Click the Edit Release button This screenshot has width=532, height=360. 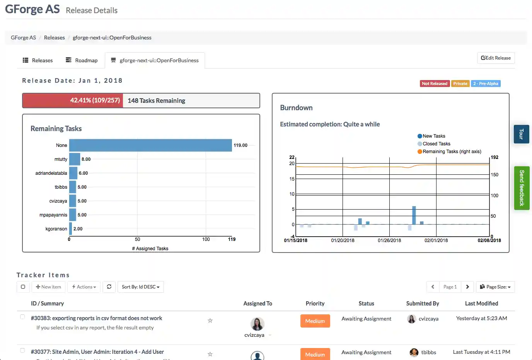pos(496,58)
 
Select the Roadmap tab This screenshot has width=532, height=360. pos(82,60)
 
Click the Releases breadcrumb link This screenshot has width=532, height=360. pos(54,38)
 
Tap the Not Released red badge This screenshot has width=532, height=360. pos(434,84)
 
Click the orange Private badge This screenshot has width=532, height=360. pos(460,84)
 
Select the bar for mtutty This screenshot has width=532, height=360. pos(75,159)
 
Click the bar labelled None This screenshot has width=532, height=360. pos(150,145)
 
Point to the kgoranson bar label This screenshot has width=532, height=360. pos(56,229)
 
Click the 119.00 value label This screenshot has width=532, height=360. pos(240,145)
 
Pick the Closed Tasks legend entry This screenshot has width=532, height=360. pos(436,144)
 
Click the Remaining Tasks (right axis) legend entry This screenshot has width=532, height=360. pos(452,152)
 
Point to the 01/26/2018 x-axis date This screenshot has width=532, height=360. pos(389,241)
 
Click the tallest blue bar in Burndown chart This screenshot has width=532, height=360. pos(414,215)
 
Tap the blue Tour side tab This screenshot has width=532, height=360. pos(521,134)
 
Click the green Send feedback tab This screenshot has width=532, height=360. pos(522,188)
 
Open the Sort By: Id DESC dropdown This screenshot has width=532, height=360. pos(140,287)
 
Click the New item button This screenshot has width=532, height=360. pos(48,287)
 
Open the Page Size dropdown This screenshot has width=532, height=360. pos(495,287)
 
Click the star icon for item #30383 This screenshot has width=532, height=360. pos(210,321)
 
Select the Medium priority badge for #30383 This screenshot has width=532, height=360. pos(315,321)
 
